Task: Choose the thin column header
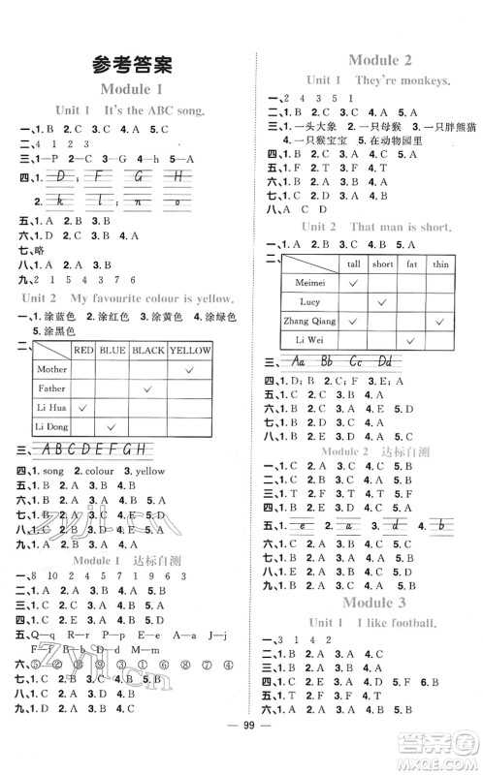pos(440,263)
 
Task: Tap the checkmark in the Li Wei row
pos(411,340)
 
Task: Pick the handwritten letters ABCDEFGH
pos(102,449)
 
